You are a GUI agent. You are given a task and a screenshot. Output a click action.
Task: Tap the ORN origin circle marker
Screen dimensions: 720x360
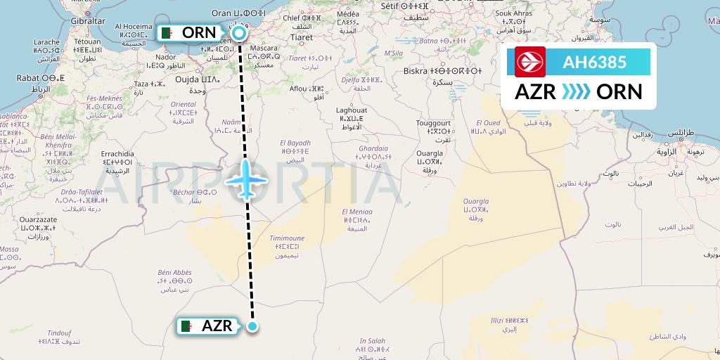click(240, 33)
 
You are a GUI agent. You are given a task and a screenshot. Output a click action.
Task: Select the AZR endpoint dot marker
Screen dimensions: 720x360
click(253, 326)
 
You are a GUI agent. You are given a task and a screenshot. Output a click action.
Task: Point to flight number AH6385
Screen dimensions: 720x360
click(594, 63)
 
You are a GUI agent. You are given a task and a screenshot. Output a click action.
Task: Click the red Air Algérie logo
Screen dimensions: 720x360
click(530, 62)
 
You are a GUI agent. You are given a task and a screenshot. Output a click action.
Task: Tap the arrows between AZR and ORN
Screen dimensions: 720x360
click(577, 92)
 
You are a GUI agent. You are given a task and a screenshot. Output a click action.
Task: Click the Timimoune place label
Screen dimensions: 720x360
click(287, 238)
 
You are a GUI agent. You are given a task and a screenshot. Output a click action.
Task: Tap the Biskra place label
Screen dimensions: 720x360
click(420, 70)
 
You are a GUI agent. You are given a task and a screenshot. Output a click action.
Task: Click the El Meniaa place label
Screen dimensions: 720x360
click(357, 211)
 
